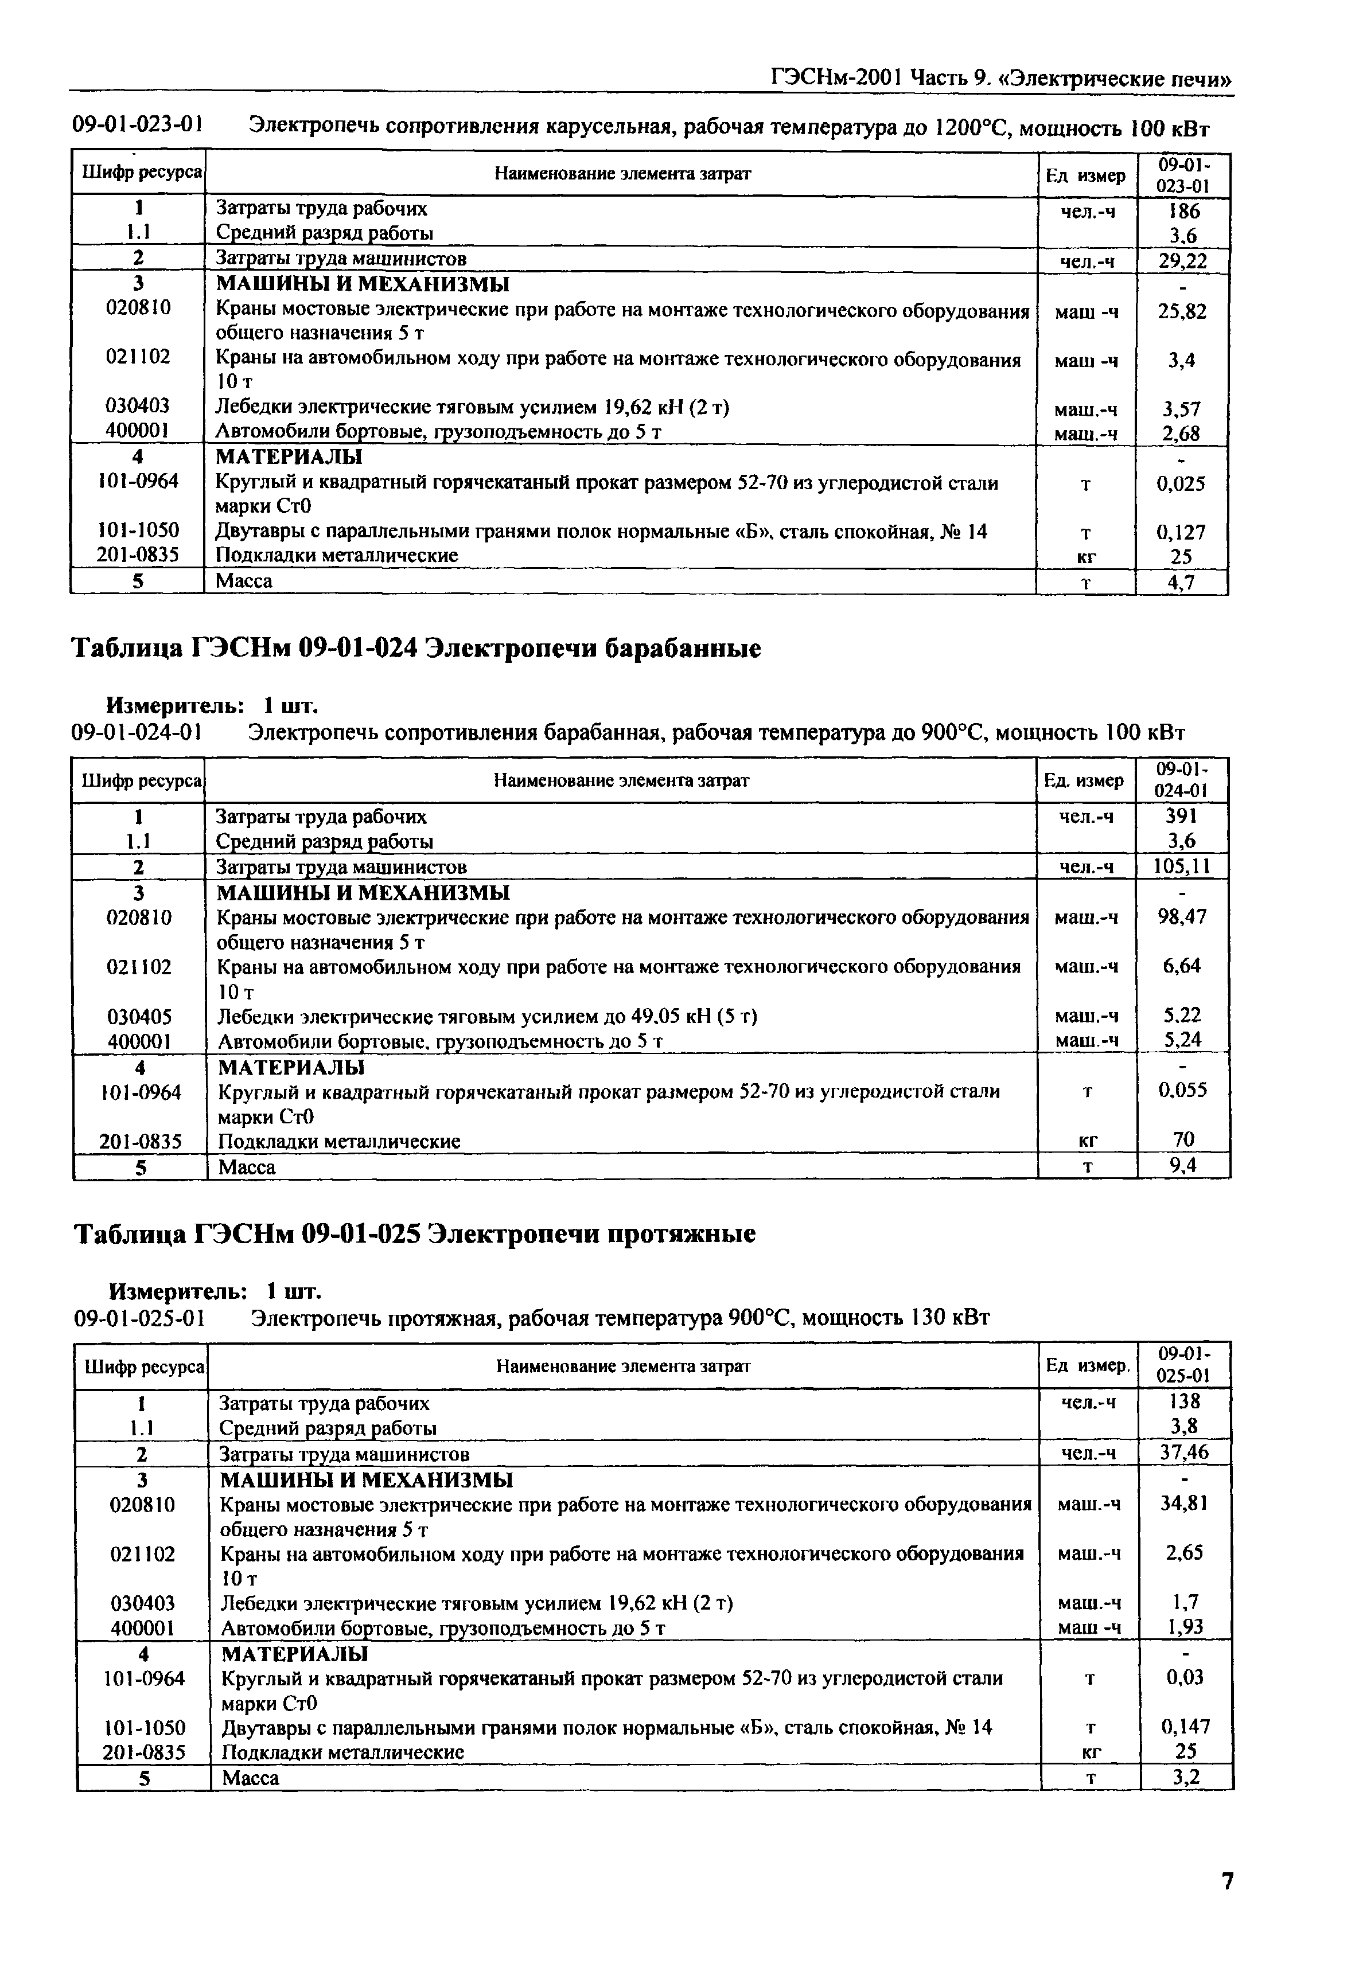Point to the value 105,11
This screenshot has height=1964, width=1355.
[1183, 866]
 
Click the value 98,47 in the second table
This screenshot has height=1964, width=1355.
[1183, 917]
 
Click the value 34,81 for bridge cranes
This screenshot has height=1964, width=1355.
[1185, 1503]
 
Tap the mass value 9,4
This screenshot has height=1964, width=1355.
[1183, 1166]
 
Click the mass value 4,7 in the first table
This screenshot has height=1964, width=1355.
[1182, 582]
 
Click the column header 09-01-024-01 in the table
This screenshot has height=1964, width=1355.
[1183, 780]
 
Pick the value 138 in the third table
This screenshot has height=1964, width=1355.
[1185, 1402]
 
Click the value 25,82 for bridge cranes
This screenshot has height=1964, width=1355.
[1182, 311]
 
